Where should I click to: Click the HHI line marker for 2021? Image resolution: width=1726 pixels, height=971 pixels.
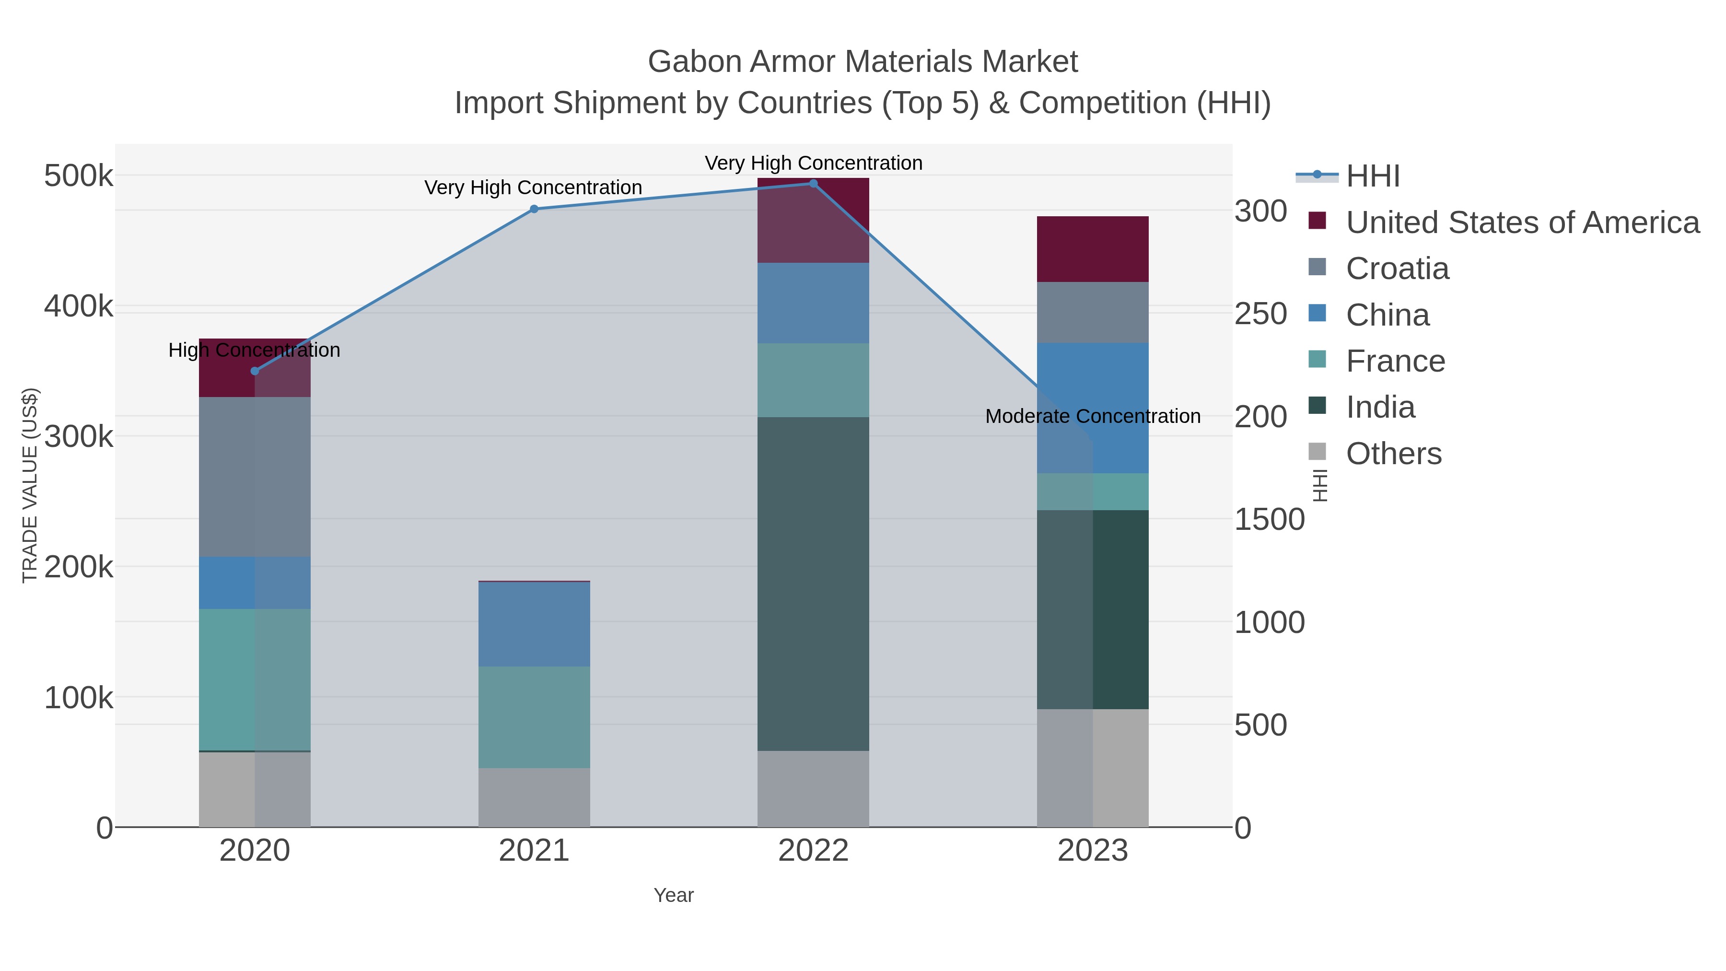[x=534, y=209]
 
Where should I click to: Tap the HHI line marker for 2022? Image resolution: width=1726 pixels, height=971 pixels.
[x=814, y=184]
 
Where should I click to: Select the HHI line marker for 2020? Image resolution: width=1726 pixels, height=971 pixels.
[x=255, y=371]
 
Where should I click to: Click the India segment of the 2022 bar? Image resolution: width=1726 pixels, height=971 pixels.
[x=814, y=583]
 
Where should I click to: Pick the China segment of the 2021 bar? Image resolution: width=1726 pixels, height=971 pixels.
[x=534, y=624]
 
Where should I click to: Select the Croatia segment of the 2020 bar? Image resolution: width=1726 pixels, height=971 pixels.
[x=255, y=477]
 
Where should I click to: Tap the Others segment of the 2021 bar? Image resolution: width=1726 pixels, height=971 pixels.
[x=534, y=797]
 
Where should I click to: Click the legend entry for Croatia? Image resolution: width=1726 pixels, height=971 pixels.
[x=1397, y=269]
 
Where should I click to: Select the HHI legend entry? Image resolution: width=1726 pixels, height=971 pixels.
[x=1372, y=176]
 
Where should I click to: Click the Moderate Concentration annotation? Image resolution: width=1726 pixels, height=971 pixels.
[x=1093, y=416]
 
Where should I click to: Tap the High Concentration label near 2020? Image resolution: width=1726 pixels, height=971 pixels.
[x=255, y=350]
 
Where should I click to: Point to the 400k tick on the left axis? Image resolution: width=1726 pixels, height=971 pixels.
[x=79, y=307]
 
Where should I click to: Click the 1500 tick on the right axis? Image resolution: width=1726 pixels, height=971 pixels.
[x=1269, y=520]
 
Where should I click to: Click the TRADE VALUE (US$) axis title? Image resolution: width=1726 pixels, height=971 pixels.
[x=30, y=485]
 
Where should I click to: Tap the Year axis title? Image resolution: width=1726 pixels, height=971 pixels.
[x=674, y=895]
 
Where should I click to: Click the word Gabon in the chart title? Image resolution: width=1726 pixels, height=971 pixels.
[x=695, y=62]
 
